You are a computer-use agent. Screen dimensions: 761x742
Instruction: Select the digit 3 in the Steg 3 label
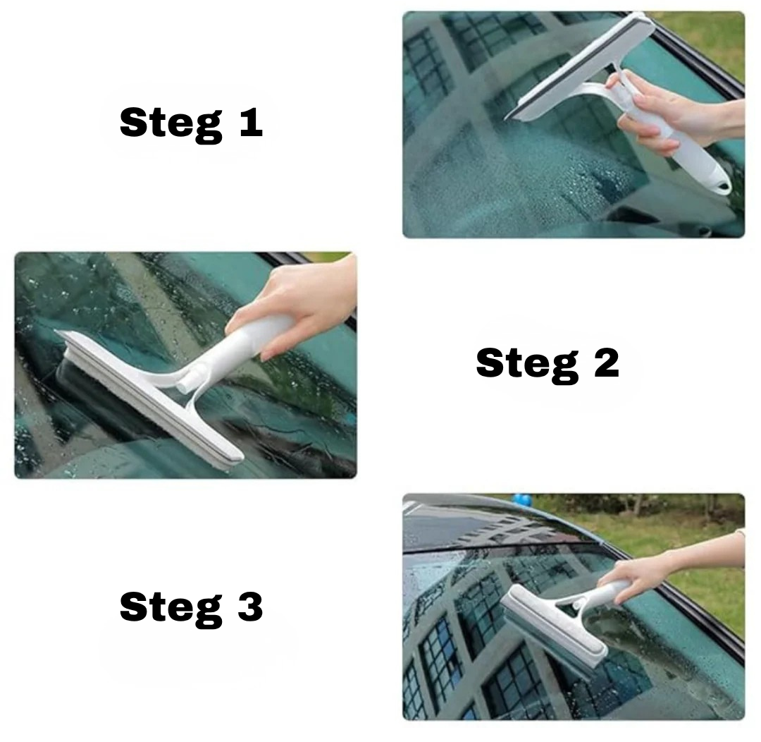click(x=250, y=607)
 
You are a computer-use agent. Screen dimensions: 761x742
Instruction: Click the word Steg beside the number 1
click(x=171, y=124)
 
